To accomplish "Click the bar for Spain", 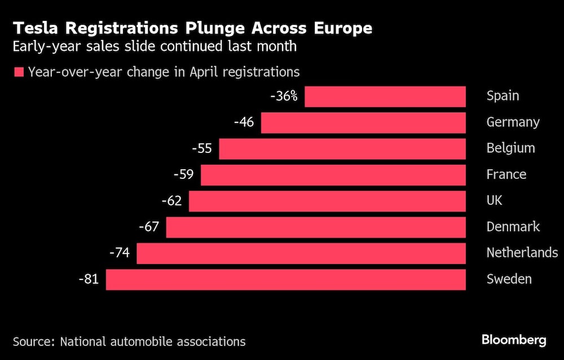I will click(x=385, y=96).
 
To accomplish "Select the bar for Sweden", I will click(x=286, y=279).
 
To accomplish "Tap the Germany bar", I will click(x=363, y=122).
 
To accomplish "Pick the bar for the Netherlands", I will click(x=301, y=253).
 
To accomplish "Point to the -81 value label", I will click(x=89, y=279).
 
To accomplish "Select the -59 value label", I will click(x=184, y=175).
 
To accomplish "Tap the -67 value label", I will click(x=149, y=227).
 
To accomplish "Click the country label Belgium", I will click(x=510, y=148).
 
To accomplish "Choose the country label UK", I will click(x=494, y=201).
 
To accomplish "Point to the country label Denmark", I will click(x=513, y=227).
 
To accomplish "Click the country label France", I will click(x=506, y=174).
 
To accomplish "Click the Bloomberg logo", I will click(x=513, y=340).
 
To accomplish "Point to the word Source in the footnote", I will click(x=33, y=341).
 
